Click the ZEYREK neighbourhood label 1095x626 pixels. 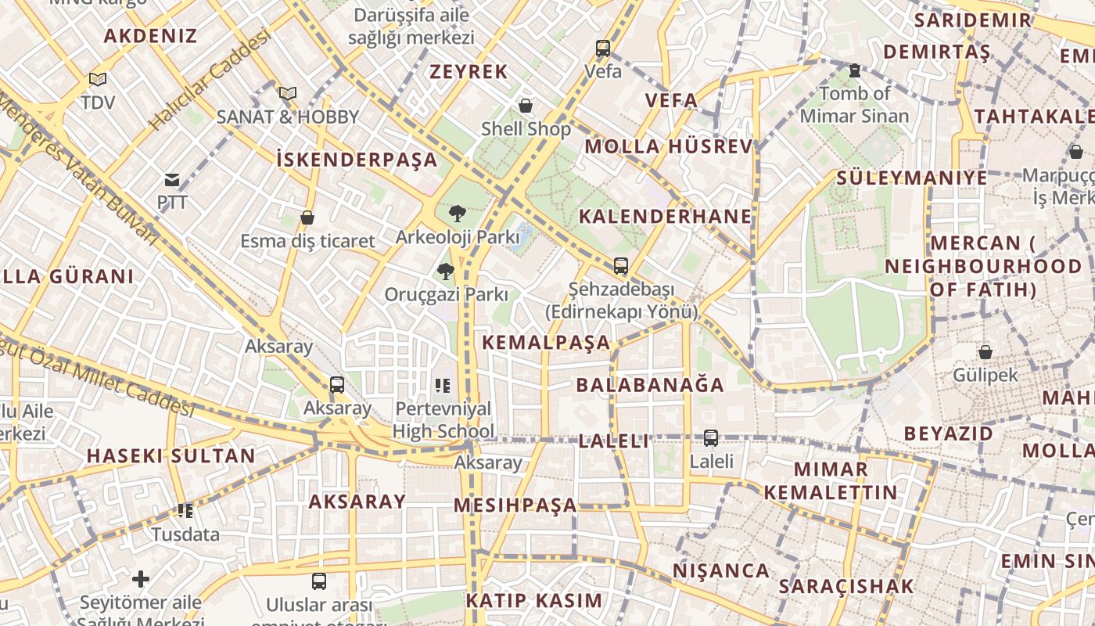click(x=469, y=72)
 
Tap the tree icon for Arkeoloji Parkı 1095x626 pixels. click(x=457, y=213)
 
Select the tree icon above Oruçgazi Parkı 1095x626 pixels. click(x=445, y=272)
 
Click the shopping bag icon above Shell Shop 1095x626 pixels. click(x=526, y=105)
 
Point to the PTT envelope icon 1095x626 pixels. click(x=172, y=180)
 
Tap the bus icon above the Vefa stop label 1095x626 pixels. click(x=602, y=48)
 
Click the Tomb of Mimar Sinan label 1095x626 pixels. click(x=854, y=105)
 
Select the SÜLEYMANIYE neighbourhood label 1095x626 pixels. click(x=912, y=178)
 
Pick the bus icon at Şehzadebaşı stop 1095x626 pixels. click(x=620, y=266)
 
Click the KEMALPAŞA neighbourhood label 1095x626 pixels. click(x=546, y=343)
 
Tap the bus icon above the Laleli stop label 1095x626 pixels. click(x=710, y=438)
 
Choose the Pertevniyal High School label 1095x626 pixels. click(x=443, y=419)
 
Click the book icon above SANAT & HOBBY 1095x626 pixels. click(x=288, y=94)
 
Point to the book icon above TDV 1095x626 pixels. click(x=98, y=79)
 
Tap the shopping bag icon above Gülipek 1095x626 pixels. click(x=985, y=352)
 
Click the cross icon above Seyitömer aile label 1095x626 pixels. click(x=141, y=579)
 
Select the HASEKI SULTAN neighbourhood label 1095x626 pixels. click(x=171, y=456)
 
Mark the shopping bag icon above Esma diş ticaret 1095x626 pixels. click(x=307, y=218)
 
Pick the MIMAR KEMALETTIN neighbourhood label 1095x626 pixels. click(x=831, y=480)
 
